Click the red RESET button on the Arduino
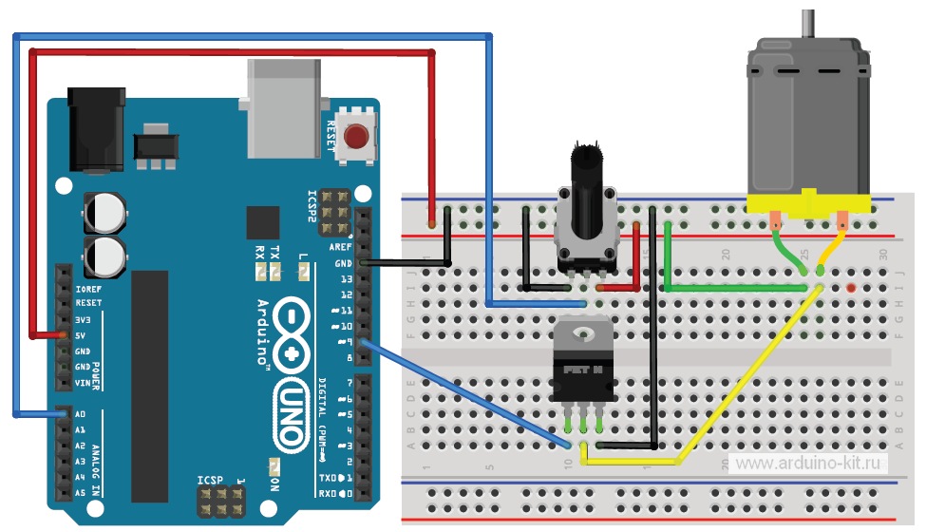point(357,137)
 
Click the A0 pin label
point(80,415)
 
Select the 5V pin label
point(82,335)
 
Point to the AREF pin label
point(340,247)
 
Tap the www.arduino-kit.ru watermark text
point(809,463)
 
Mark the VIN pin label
point(83,383)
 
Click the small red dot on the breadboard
point(851,286)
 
